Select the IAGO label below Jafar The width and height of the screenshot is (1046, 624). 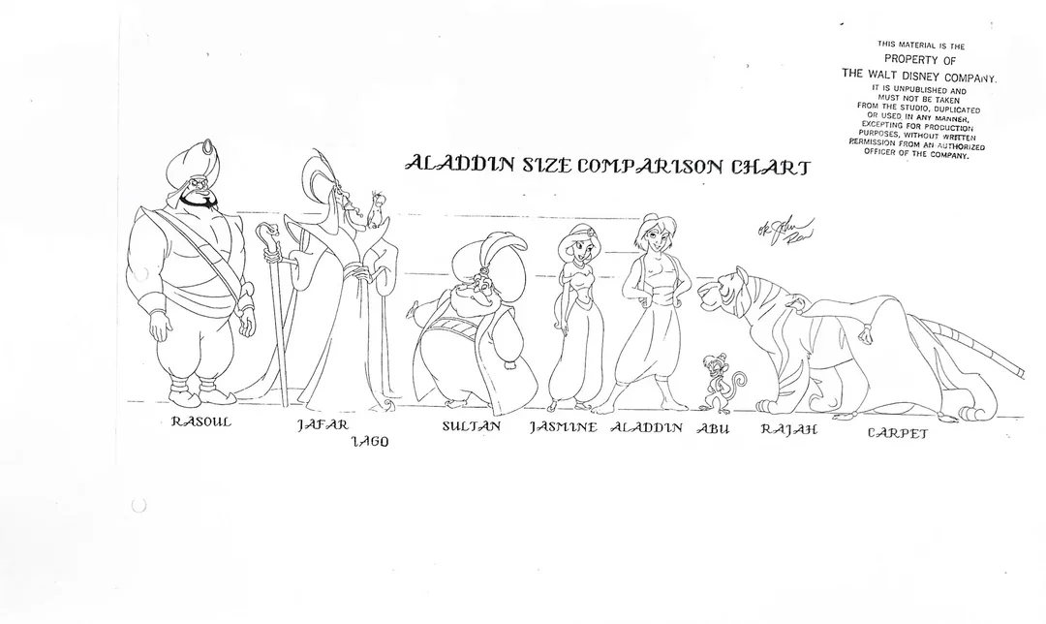click(369, 442)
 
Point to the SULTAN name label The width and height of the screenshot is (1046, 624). click(472, 425)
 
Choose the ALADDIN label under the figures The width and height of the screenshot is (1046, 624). click(647, 426)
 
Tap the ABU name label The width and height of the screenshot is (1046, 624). click(713, 427)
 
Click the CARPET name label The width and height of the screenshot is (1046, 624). click(897, 432)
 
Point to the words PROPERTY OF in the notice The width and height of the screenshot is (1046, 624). click(921, 59)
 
